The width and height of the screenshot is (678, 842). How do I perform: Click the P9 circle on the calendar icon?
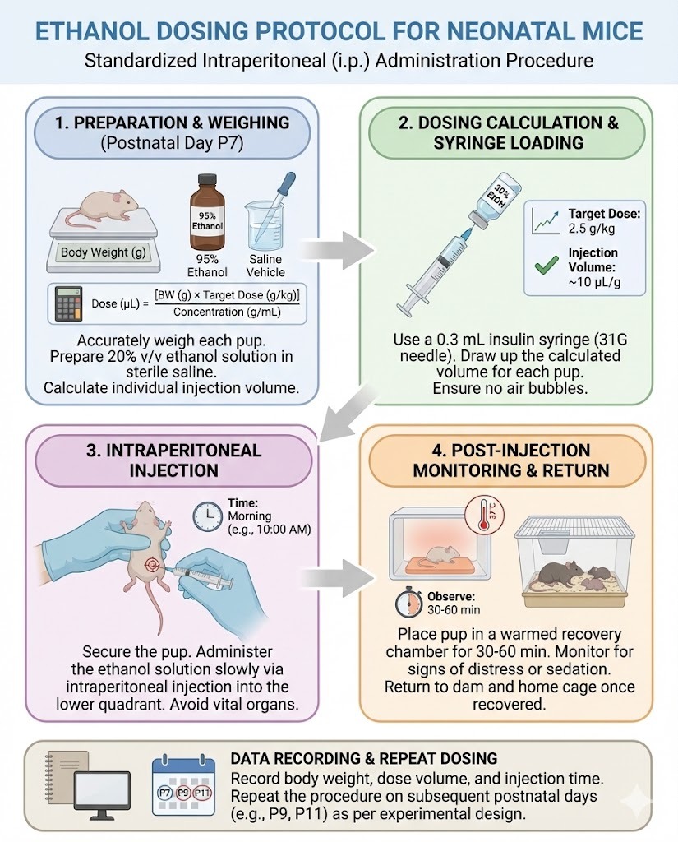tap(184, 793)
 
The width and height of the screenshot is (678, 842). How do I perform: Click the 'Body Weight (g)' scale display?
tap(103, 252)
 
